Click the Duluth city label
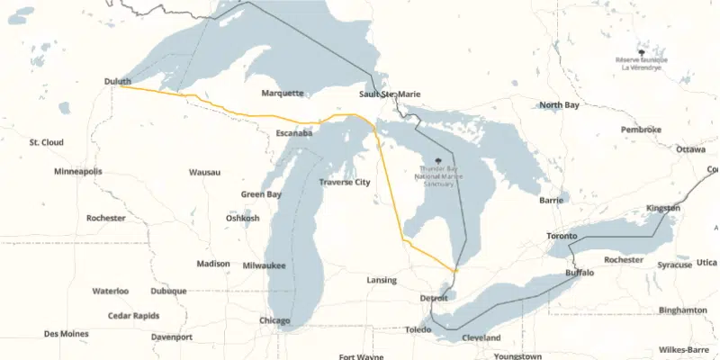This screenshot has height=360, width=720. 118,82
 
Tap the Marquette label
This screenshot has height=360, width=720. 283,94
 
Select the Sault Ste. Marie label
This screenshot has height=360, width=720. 390,94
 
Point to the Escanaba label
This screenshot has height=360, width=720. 294,133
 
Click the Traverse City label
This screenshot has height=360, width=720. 345,182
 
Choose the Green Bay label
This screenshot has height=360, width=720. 261,194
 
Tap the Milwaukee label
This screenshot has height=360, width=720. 265,265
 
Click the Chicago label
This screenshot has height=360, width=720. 275,321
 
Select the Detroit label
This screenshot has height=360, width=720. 434,298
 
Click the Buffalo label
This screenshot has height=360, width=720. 580,272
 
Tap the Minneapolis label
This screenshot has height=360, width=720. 78,171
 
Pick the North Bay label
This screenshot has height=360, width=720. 559,105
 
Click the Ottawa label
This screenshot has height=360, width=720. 690,149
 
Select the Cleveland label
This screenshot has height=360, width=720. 481,337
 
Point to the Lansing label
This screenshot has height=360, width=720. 382,280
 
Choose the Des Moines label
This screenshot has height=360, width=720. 67,334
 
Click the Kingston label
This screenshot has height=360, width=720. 663,208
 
